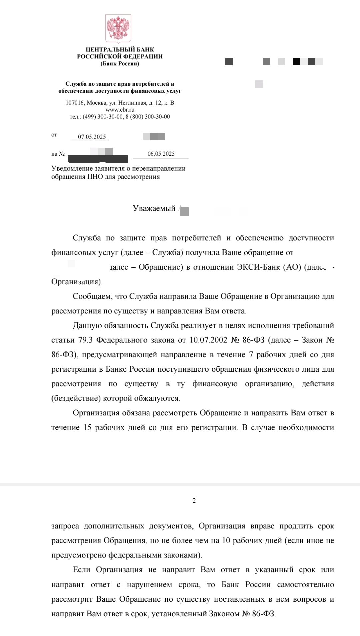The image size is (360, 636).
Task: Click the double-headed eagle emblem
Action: (118, 29)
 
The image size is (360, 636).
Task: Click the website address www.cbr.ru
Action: (120, 110)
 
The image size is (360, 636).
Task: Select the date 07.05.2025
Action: (92, 137)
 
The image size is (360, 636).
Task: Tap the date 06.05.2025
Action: (161, 154)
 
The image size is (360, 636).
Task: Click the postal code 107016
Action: (75, 103)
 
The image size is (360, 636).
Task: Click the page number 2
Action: (194, 500)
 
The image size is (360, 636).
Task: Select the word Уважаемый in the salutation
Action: (154, 209)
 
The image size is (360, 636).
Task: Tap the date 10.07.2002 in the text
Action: (208, 340)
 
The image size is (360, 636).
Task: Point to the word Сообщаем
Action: (92, 296)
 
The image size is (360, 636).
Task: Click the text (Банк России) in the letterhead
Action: (120, 64)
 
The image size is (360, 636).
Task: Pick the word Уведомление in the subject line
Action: (73, 168)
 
